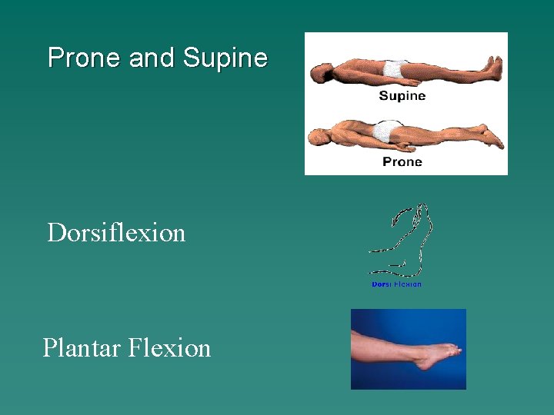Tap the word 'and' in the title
(152, 58)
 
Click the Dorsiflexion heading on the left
(116, 232)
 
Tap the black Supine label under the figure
(402, 96)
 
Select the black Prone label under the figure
(402, 161)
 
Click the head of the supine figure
(318, 74)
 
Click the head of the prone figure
(317, 138)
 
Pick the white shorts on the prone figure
(389, 131)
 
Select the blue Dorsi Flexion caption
(396, 284)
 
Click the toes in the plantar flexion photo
(455, 351)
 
